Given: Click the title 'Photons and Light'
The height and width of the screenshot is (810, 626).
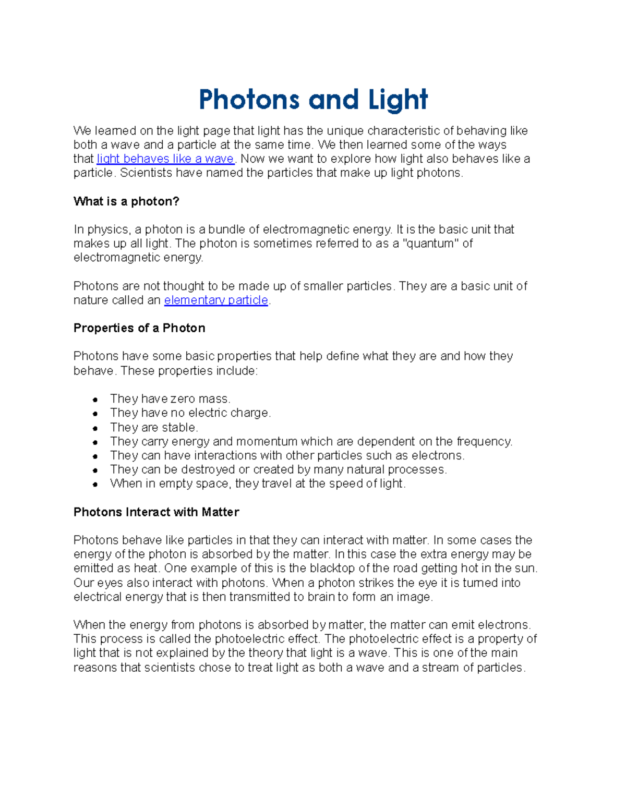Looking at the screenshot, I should (x=313, y=100).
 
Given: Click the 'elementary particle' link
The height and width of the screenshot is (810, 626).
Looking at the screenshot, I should (x=216, y=300).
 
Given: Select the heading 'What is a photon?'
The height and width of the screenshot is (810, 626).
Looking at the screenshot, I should (x=126, y=201).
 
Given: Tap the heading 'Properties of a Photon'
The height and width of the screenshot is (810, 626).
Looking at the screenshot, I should (x=139, y=328).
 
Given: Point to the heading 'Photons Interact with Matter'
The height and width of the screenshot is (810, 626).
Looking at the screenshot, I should (x=156, y=512).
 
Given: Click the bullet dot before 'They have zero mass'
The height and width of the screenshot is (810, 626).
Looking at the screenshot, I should (x=95, y=400).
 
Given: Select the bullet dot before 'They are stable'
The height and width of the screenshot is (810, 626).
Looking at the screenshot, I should (x=95, y=428).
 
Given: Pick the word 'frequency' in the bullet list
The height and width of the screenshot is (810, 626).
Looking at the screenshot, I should (x=484, y=442).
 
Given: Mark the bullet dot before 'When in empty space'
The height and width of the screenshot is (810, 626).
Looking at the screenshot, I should (x=95, y=485).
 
